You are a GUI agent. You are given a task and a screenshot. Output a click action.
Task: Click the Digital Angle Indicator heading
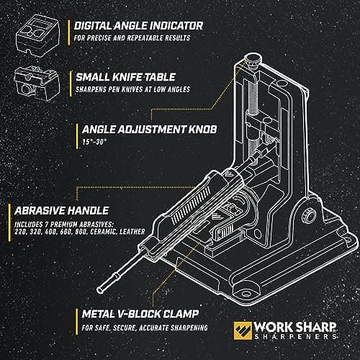tap(138, 26)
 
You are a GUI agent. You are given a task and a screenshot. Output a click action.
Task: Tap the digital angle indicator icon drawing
tap(37, 36)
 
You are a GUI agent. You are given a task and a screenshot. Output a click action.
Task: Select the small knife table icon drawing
tap(37, 83)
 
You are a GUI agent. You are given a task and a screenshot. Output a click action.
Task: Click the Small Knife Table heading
tap(126, 77)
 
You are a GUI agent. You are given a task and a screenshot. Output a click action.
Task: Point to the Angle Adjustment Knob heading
tap(149, 130)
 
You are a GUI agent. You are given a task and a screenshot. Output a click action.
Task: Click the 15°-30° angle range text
tap(94, 142)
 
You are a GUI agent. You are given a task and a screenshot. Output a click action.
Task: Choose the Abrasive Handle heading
tap(62, 211)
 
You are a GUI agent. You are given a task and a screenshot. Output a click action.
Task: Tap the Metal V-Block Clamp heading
tap(140, 314)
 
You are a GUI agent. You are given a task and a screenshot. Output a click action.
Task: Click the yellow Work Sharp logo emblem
tap(243, 330)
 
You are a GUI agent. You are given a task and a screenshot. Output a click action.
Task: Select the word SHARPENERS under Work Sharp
tap(295, 336)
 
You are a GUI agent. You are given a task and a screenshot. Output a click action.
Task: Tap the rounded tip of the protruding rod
tap(99, 290)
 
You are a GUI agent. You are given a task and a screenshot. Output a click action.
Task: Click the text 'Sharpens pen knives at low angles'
tap(132, 89)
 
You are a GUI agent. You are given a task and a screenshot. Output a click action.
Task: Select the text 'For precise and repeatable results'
tap(132, 38)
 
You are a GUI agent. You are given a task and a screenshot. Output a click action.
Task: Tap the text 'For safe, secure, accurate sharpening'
tap(145, 328)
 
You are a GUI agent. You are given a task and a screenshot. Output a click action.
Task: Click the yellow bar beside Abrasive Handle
tap(9, 222)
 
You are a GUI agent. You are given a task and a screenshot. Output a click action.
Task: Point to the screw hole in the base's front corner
tap(246, 294)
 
